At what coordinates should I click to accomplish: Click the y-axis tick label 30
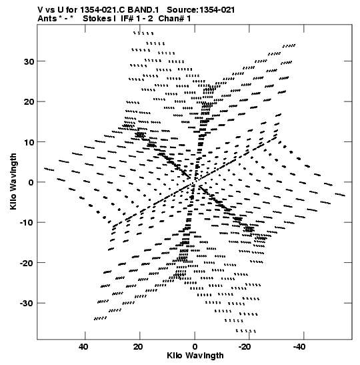pyautogui.click(x=29, y=61)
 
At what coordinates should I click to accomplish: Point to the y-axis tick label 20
pyautogui.click(x=29, y=102)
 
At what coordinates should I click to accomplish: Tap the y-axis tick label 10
pyautogui.click(x=29, y=142)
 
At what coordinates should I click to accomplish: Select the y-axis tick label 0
pyautogui.click(x=31, y=183)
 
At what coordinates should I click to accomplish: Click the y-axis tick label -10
pyautogui.click(x=27, y=223)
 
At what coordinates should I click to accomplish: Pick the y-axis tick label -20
pyautogui.click(x=27, y=264)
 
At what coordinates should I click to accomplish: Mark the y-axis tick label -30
pyautogui.click(x=27, y=304)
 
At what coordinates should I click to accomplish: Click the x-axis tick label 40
pyautogui.click(x=83, y=347)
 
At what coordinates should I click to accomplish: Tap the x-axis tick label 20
pyautogui.click(x=138, y=347)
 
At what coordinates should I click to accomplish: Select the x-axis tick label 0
pyautogui.click(x=195, y=347)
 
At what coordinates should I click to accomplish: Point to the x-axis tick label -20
pyautogui.click(x=245, y=347)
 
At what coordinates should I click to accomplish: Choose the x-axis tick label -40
pyautogui.click(x=299, y=347)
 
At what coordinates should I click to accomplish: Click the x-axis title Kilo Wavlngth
pyautogui.click(x=195, y=356)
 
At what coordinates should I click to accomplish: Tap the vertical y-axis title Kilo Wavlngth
pyautogui.click(x=13, y=181)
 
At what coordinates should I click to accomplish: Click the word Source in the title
pyautogui.click(x=182, y=10)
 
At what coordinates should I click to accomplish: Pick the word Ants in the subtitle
pyautogui.click(x=47, y=19)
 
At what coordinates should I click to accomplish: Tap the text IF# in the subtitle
pyautogui.click(x=127, y=19)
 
